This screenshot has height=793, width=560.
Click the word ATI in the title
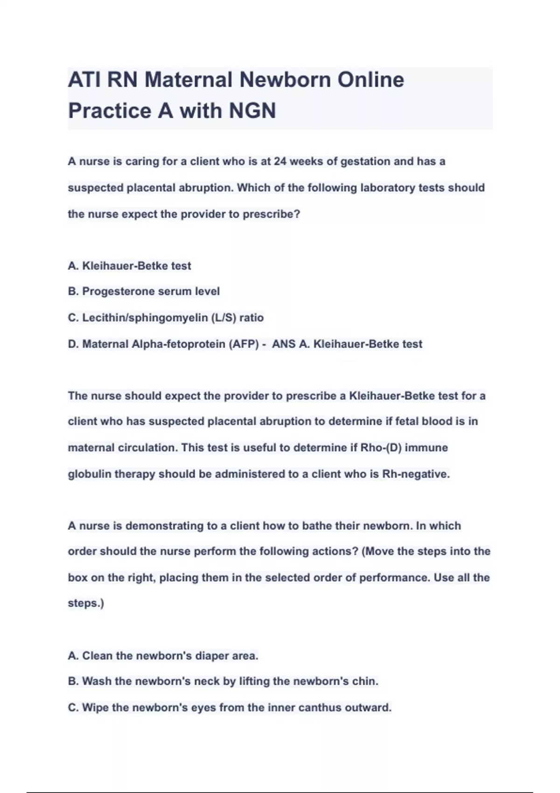84,80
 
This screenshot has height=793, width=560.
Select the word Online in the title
371,80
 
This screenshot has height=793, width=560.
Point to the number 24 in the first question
280,161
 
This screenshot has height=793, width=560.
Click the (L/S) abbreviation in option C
224,318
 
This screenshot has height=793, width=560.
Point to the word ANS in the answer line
284,344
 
